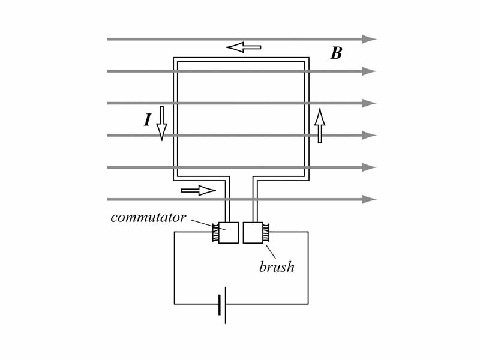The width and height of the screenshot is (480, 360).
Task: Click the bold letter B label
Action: point(337,53)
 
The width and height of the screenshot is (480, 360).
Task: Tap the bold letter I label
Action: point(147,121)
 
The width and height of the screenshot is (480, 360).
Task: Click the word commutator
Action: point(148,218)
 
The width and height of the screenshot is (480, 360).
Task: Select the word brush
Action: point(277,268)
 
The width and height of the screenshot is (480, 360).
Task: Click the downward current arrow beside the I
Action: point(161,124)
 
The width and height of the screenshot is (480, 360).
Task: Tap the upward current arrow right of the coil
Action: point(320,126)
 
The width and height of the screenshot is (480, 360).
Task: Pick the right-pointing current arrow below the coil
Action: point(198,191)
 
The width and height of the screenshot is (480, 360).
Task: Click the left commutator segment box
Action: point(228,233)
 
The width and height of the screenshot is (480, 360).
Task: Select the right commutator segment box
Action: point(253,233)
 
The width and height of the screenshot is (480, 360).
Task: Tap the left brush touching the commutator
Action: point(215,233)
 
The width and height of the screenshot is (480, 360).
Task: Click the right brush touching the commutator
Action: point(266,233)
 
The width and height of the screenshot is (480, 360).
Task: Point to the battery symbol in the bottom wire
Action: point(222,304)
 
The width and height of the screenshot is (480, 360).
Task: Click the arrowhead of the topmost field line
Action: point(368,40)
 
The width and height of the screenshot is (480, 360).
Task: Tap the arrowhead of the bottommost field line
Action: point(368,199)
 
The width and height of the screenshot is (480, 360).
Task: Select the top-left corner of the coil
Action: point(175,59)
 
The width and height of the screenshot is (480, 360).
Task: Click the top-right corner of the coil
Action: point(307,59)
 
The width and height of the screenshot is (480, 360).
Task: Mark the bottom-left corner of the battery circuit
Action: point(175,304)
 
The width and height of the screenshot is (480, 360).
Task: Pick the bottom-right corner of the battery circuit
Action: point(308,304)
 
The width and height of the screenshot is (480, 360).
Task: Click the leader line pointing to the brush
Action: point(271,251)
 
